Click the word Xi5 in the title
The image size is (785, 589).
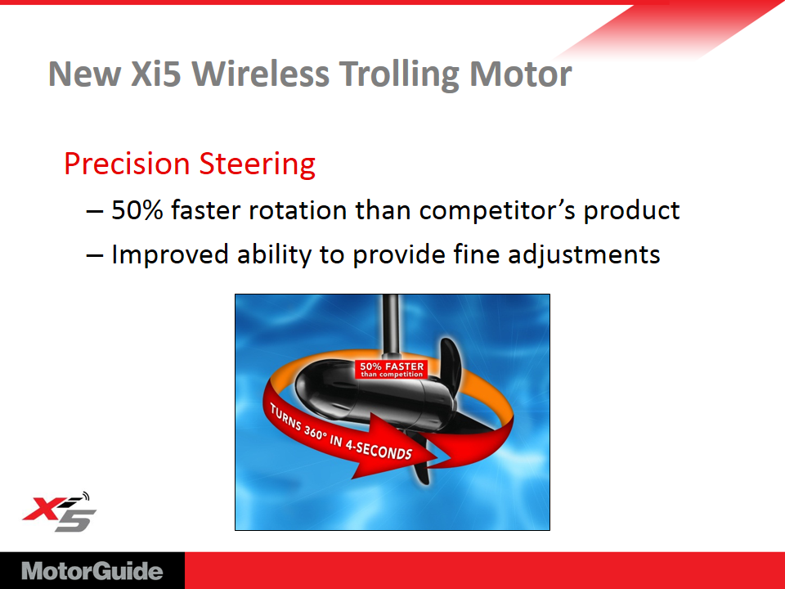(155, 74)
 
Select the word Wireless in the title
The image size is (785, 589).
(260, 74)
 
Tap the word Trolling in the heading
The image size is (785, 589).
(399, 75)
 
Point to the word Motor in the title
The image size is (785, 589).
(521, 74)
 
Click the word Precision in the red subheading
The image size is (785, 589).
(128, 164)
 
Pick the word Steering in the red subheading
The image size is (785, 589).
(258, 164)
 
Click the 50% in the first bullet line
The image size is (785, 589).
(137, 210)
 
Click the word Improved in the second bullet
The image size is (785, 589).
(170, 255)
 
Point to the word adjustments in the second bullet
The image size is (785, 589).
(584, 255)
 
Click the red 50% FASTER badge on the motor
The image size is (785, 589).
(392, 369)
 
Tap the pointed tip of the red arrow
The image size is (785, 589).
(438, 456)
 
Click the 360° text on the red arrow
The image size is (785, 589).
(314, 432)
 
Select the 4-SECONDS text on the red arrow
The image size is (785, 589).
(379, 448)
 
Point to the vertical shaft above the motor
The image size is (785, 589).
(391, 325)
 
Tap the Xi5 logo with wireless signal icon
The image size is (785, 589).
(59, 512)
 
